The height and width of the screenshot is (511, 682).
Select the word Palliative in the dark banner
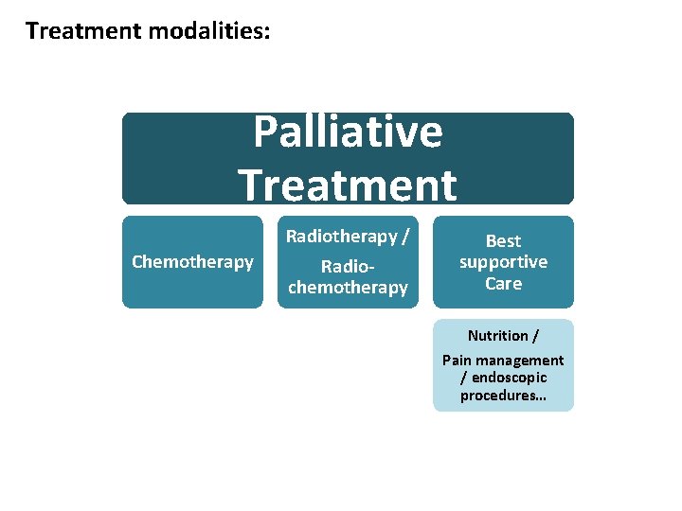tap(348, 132)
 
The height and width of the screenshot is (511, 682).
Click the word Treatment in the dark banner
tap(348, 185)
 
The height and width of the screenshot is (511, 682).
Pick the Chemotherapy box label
tap(192, 262)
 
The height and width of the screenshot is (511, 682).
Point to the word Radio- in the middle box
tap(348, 267)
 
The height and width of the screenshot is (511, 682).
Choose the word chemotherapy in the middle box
tap(348, 288)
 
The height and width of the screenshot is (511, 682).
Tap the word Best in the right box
tap(503, 241)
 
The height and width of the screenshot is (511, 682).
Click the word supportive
tap(503, 262)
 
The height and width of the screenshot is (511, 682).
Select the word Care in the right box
tap(503, 283)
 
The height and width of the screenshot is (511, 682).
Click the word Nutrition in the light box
tap(498, 336)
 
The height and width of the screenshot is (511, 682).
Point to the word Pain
tap(458, 361)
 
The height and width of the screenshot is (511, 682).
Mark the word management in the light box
tap(520, 361)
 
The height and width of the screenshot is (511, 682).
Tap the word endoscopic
tap(509, 378)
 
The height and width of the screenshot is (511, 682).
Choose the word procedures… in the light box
tap(503, 396)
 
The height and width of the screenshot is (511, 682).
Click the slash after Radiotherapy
tap(405, 236)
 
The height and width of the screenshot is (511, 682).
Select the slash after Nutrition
tap(536, 336)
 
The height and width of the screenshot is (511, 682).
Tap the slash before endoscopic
tap(463, 378)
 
